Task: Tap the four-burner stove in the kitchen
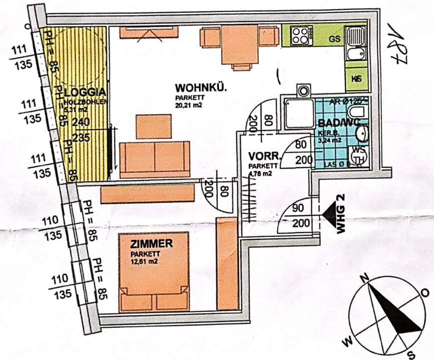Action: tap(300, 35)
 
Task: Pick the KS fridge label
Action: tap(357, 79)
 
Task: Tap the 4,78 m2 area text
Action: tap(260, 174)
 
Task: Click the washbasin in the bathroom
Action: tap(362, 134)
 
